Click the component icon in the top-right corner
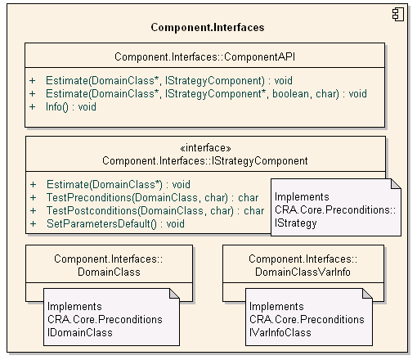pos(398,15)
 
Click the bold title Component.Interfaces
pos(208,28)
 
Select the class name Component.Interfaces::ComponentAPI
pos(204,57)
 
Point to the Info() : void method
pos(71,107)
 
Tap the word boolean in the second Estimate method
pos(290,94)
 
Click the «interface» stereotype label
pos(205,148)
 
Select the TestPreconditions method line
pos(152,198)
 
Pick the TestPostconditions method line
pos(155,211)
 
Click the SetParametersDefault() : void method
pos(115,224)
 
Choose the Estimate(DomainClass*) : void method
pos(119,185)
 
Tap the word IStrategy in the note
pos(295,223)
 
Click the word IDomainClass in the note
pos(80,333)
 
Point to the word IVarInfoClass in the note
pos(280,333)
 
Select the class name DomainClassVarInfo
pos(303,272)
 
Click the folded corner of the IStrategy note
pos(396,184)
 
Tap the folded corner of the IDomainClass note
pos(174,294)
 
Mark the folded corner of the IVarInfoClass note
pos(367,294)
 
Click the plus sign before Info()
pos(33,107)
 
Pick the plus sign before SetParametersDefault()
pos(34,224)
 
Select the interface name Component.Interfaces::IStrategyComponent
pos(205,161)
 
